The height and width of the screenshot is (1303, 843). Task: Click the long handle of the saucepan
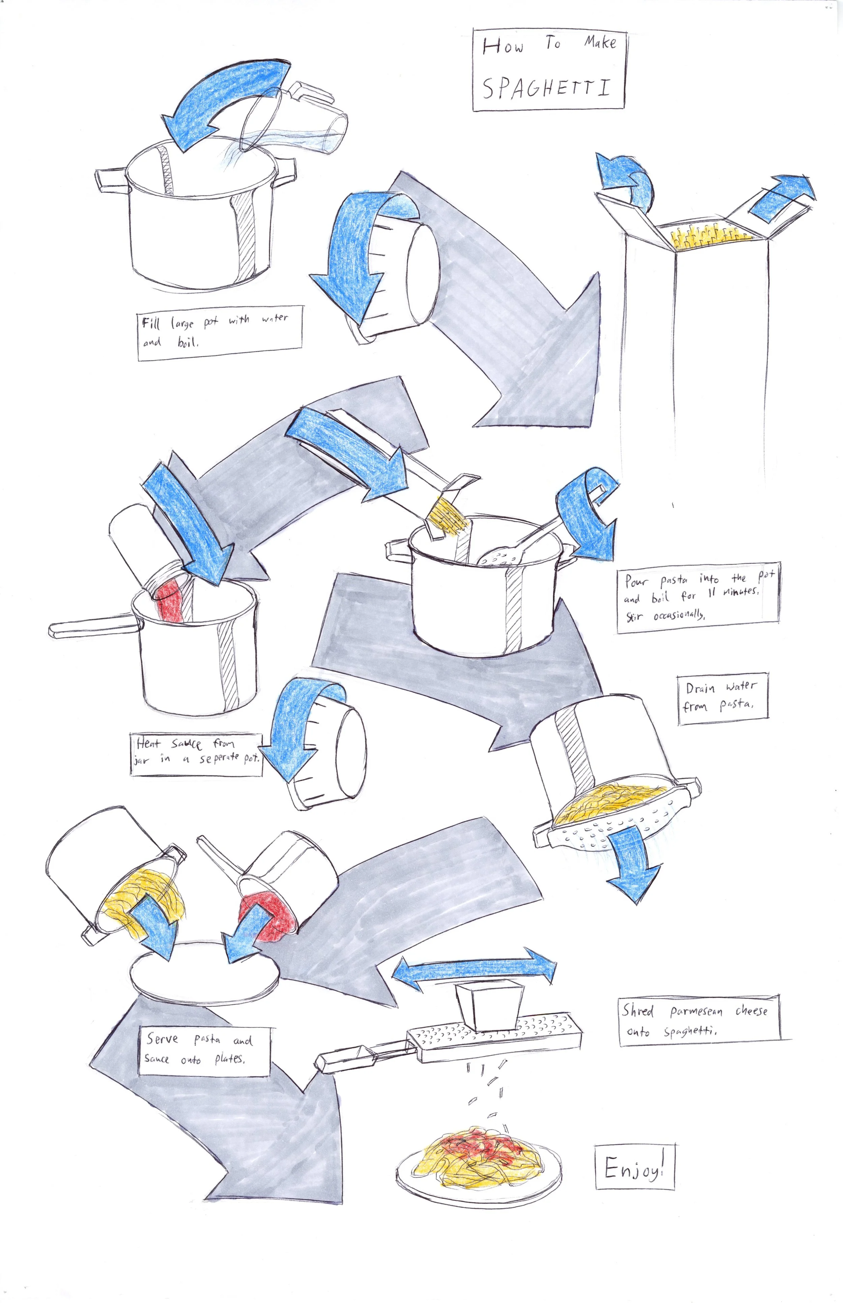tap(91, 626)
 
